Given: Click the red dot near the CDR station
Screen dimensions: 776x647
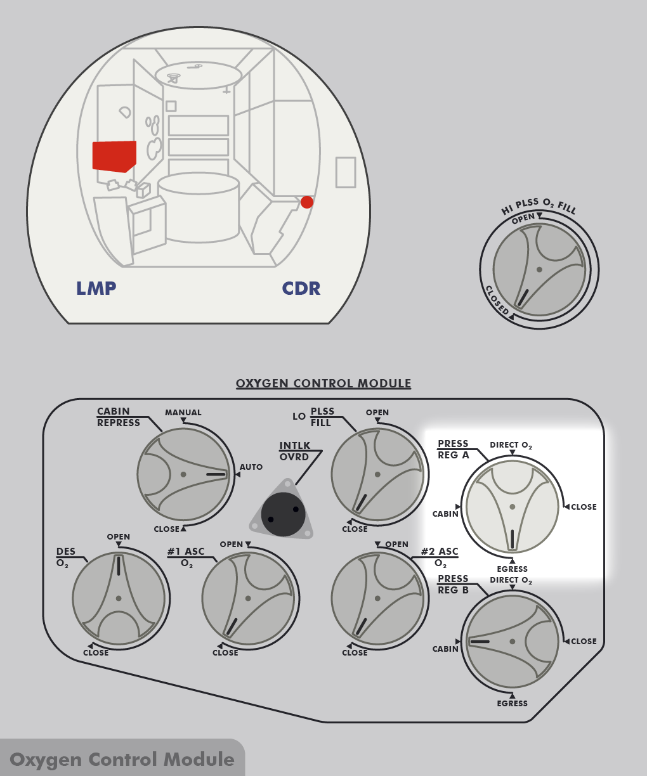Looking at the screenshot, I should pyautogui.click(x=307, y=202).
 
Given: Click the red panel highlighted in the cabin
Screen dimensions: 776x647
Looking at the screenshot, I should pyautogui.click(x=114, y=156).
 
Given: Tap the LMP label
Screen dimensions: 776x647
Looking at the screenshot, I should pyautogui.click(x=96, y=288).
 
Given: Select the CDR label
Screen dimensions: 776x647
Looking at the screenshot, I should pyautogui.click(x=301, y=288).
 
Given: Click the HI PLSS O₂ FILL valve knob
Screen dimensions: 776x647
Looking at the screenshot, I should pyautogui.click(x=539, y=269).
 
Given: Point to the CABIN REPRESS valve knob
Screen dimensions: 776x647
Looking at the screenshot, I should pyautogui.click(x=183, y=474).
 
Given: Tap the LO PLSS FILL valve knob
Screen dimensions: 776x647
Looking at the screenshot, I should pyautogui.click(x=377, y=474).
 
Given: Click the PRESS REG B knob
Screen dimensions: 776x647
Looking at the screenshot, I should pyautogui.click(x=512, y=641).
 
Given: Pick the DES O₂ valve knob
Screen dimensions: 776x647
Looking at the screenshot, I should pyautogui.click(x=119, y=598).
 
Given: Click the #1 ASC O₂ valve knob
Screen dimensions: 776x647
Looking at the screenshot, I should pyautogui.click(x=248, y=598).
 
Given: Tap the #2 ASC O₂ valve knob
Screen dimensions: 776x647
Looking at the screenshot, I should pyautogui.click(x=377, y=598).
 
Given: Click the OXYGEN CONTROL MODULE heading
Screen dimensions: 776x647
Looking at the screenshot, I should pyautogui.click(x=323, y=384).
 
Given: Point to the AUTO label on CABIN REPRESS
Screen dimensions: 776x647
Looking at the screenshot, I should pyautogui.click(x=251, y=467).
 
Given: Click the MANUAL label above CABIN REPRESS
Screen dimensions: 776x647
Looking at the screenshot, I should pyautogui.click(x=183, y=413).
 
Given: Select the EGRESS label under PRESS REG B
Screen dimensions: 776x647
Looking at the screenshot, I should pyautogui.click(x=513, y=704).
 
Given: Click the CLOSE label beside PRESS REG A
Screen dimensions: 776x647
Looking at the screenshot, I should pyautogui.click(x=584, y=507).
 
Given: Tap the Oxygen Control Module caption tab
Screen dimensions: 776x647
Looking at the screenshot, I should pyautogui.click(x=122, y=760).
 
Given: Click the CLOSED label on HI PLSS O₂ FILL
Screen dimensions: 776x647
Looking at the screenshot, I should pyautogui.click(x=497, y=300).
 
